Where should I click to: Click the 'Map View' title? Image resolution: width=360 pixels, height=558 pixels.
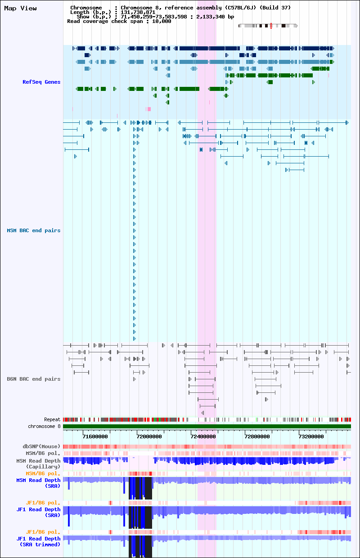tap(20, 9)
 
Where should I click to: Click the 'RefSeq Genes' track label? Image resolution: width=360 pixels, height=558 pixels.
tap(41, 82)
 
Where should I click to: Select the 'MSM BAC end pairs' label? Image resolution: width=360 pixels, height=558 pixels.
tap(34, 230)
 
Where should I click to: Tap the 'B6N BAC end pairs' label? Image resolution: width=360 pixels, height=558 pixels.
tap(34, 379)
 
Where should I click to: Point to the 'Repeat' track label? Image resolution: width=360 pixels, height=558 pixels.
tap(52, 419)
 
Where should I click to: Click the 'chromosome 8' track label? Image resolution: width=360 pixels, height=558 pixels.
tap(44, 426)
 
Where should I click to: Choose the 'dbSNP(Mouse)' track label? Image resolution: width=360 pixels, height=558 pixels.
tap(41, 446)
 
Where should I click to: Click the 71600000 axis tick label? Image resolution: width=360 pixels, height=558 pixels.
tap(95, 436)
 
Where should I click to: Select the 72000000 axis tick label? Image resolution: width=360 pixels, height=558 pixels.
tap(149, 436)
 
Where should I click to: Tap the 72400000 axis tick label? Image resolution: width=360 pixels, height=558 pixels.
tap(203, 436)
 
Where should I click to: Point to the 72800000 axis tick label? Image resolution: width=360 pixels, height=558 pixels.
tap(257, 436)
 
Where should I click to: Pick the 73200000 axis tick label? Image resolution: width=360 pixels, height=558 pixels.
tap(311, 436)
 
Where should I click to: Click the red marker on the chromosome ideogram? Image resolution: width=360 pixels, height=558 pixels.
tap(271, 26)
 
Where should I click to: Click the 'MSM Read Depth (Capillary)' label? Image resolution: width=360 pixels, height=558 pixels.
tap(38, 463)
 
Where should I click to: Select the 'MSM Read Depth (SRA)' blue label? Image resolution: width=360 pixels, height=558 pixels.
tap(38, 483)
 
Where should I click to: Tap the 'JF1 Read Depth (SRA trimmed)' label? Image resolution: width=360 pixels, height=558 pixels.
tap(38, 541)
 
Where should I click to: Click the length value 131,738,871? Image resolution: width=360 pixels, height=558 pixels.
tap(138, 12)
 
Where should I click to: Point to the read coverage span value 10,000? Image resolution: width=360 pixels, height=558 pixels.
tap(162, 22)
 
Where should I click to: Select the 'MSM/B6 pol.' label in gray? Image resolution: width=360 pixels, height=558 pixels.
tap(43, 453)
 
